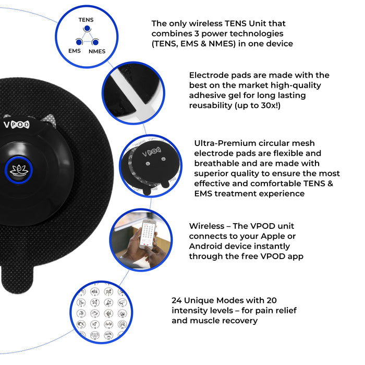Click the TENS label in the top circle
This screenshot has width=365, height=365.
86,20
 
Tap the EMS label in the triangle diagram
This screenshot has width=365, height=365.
75,51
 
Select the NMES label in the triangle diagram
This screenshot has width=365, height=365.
97,51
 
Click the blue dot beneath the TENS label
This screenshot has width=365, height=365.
87,28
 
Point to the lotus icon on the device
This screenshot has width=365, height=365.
19,170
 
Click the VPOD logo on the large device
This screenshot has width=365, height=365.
17,125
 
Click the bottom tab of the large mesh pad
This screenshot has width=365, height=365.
17,279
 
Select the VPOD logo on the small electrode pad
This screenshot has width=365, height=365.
152,152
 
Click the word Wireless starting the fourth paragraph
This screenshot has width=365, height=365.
206,226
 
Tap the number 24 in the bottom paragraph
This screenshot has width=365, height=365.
176,300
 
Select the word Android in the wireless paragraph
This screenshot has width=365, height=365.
205,246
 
